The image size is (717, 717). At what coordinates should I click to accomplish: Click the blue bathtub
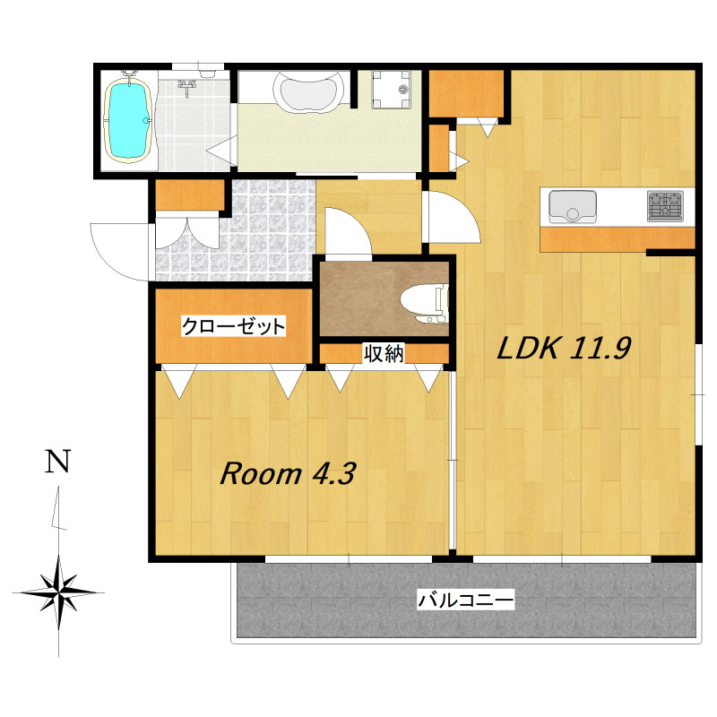129,120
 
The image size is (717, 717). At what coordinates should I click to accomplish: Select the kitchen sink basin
573,206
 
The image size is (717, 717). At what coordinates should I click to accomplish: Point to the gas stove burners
665,206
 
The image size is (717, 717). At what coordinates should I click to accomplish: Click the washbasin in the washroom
308,91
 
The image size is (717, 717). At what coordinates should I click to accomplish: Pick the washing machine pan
391,89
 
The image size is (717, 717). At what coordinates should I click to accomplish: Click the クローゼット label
233,326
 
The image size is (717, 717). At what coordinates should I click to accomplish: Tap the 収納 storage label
384,353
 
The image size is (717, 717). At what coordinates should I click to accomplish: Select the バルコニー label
465,600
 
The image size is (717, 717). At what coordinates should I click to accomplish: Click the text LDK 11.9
565,348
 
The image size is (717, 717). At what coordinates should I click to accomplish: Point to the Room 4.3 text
288,473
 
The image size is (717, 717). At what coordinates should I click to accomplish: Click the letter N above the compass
57,461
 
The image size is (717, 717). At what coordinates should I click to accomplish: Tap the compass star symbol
58,592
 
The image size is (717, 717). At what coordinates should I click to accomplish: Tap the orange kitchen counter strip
617,238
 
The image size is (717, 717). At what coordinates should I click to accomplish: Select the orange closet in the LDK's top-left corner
466,94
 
